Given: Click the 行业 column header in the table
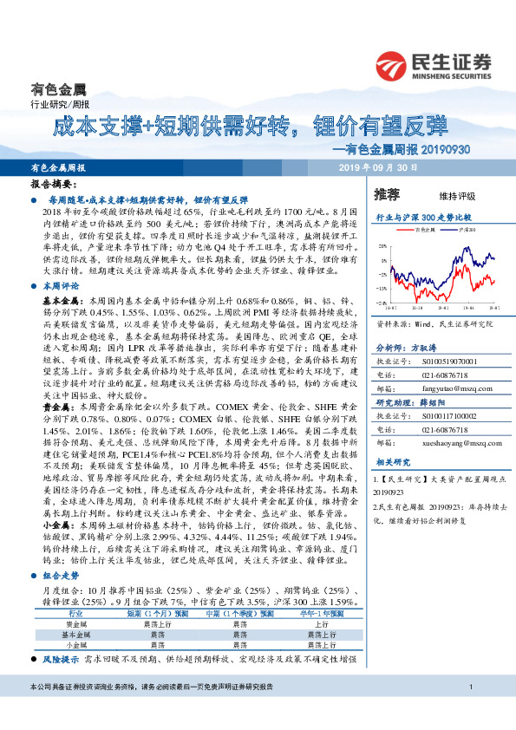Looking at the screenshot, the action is click(75, 613).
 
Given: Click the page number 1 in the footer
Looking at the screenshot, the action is click(468, 712).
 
